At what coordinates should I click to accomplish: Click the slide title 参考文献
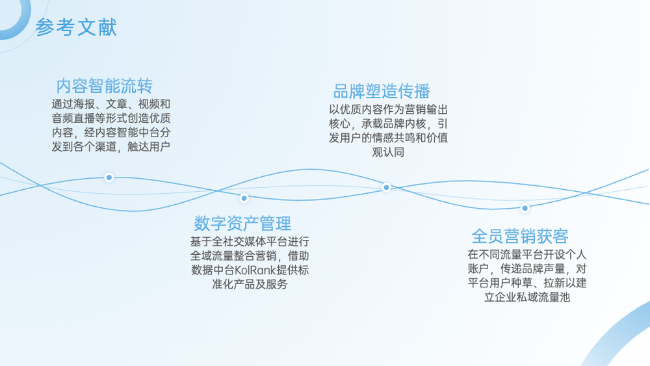(76, 27)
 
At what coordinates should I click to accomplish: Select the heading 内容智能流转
(105, 86)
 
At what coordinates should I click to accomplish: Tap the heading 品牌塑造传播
(382, 91)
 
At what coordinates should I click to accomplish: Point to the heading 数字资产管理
(242, 224)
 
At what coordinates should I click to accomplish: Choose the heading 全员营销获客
(520, 236)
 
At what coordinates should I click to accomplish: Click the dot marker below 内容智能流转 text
(109, 177)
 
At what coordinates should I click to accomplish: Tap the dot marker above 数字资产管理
(244, 198)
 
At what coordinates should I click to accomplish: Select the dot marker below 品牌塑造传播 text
(386, 187)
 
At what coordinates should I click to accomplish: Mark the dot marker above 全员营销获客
(525, 208)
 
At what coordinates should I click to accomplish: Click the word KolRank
(255, 270)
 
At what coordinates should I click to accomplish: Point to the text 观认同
(388, 152)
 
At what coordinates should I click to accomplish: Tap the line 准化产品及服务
(250, 284)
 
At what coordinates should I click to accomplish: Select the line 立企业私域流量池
(527, 297)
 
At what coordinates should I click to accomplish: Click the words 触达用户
(149, 147)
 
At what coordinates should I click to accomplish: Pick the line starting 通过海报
(111, 104)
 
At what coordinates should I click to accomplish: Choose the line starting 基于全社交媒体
(250, 242)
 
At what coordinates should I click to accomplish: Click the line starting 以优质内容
(389, 110)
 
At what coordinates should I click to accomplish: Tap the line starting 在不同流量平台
(527, 254)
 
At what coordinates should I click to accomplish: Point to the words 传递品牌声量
(533, 269)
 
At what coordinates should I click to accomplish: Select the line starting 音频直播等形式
(111, 118)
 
